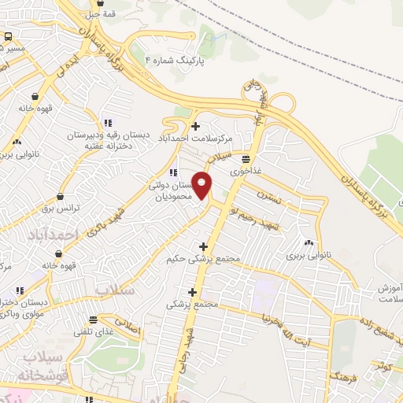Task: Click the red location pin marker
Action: [202, 186]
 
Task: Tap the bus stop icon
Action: [8, 37]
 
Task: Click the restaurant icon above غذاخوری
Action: [246, 157]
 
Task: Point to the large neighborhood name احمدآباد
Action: [54, 236]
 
